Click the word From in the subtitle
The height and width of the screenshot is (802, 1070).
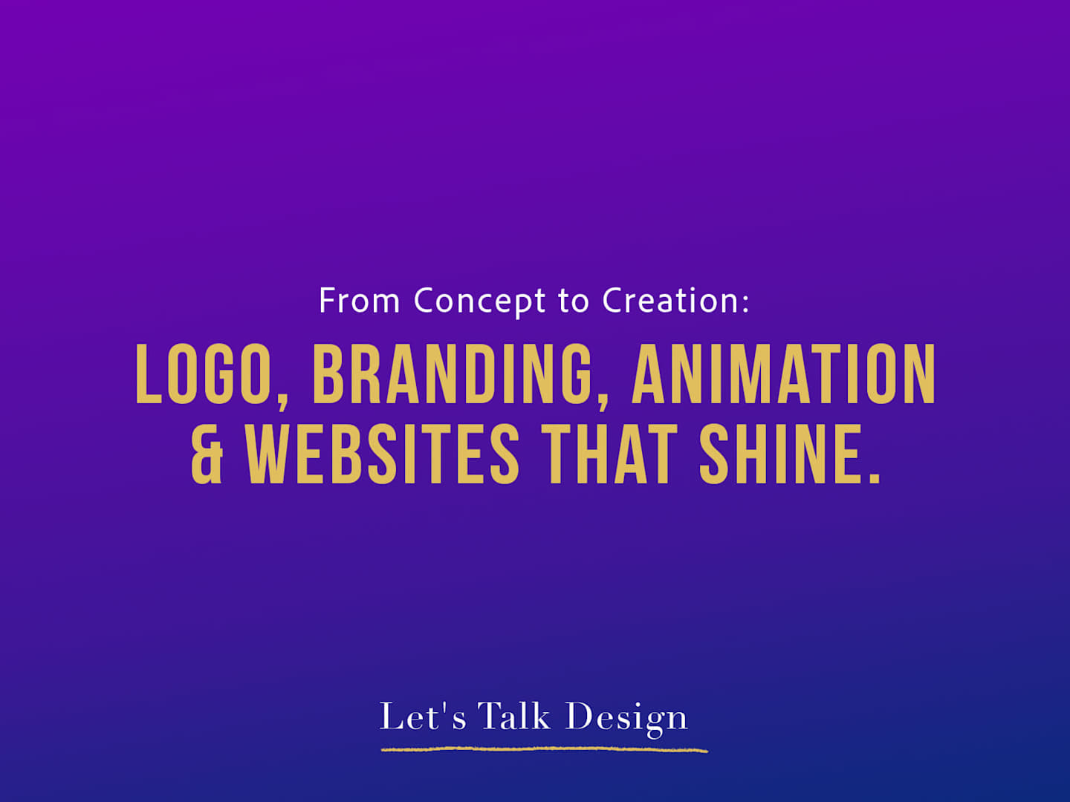360,301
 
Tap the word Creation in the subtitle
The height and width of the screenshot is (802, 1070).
670,301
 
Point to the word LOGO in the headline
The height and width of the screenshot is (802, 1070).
204,374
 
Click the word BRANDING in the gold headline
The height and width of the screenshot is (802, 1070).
451,374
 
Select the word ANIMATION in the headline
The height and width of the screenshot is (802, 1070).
783,374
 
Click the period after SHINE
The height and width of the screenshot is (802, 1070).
875,477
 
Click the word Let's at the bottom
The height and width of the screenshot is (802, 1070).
423,717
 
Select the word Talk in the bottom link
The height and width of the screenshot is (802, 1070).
515,715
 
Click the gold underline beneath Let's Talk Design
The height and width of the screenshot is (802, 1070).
544,749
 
